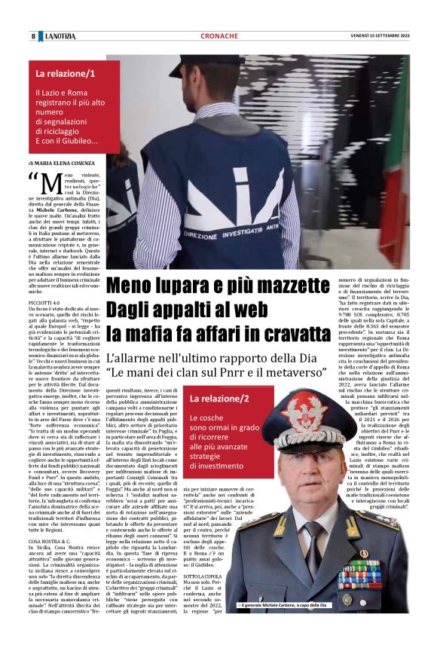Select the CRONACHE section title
pyautogui.click(x=219, y=36)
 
